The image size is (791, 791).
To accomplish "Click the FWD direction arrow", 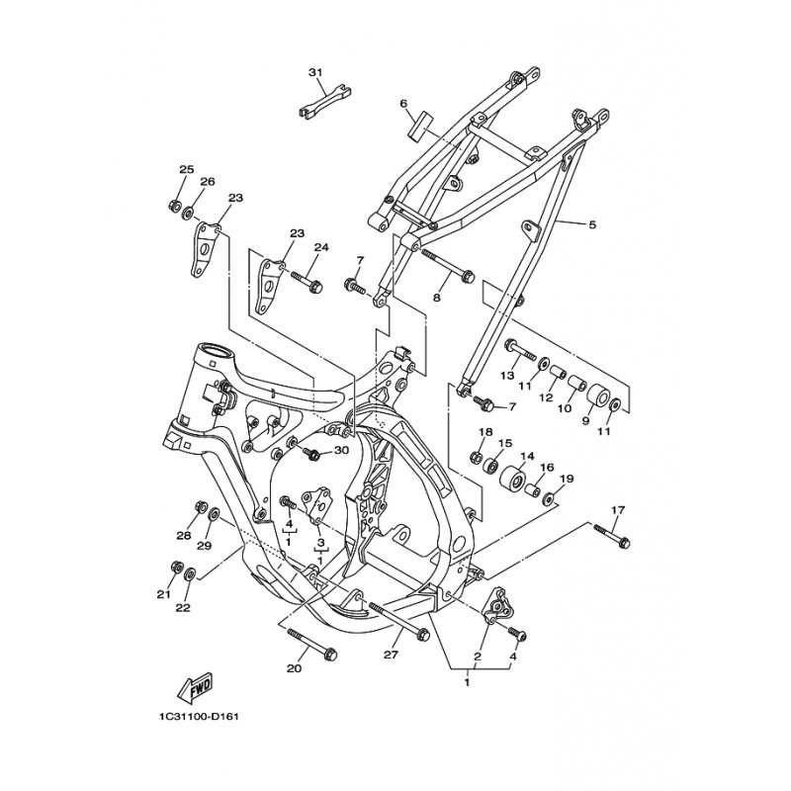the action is (196, 687).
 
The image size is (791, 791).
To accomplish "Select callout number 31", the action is (315, 73).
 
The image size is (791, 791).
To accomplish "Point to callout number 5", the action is (592, 224).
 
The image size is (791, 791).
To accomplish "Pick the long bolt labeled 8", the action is (448, 264).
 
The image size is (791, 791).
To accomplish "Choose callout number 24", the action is (321, 248).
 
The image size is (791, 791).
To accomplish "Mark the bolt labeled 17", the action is (612, 537).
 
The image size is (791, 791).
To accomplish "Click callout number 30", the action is (341, 451).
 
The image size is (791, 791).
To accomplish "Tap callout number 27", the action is (391, 655).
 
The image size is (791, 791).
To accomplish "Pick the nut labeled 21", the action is (177, 567).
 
